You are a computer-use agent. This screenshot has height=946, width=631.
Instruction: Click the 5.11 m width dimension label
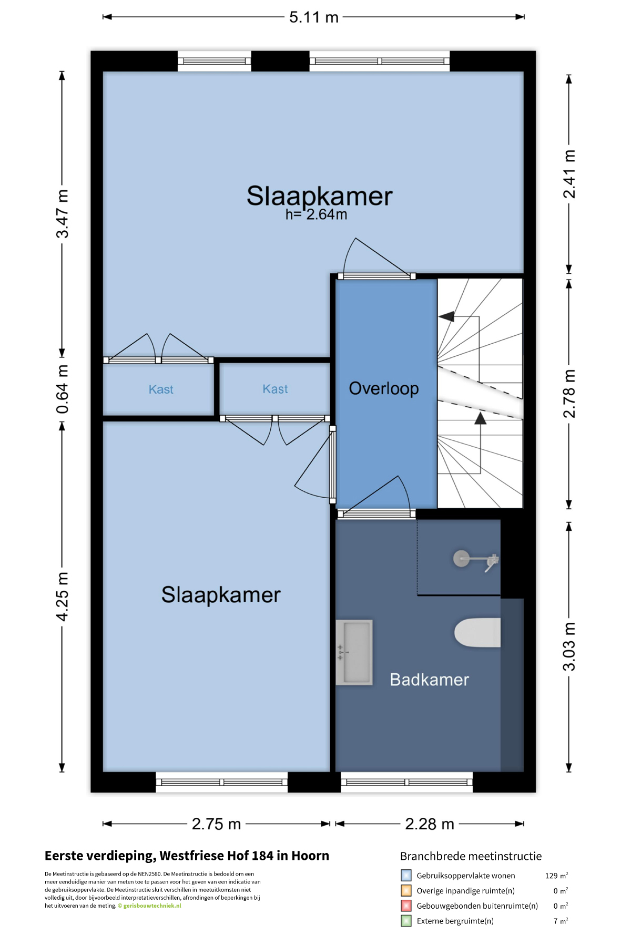pyautogui.click(x=313, y=17)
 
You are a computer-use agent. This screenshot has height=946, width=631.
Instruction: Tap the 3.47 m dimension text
pyautogui.click(x=62, y=214)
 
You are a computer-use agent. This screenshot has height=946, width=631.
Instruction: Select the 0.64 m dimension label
pyautogui.click(x=62, y=389)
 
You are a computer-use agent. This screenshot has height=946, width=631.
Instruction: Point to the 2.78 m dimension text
pyautogui.click(x=569, y=394)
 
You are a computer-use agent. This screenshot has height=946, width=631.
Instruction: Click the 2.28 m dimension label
pyautogui.click(x=430, y=824)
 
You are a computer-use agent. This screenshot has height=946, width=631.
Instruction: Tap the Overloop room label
pyautogui.click(x=384, y=388)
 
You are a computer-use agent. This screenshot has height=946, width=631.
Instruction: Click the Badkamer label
pyautogui.click(x=429, y=680)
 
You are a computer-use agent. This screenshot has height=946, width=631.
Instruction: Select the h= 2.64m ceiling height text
pyautogui.click(x=316, y=214)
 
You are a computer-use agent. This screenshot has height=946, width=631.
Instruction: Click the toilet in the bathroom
pyautogui.click(x=477, y=633)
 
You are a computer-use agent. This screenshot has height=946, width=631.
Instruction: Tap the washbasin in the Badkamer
pyautogui.click(x=354, y=652)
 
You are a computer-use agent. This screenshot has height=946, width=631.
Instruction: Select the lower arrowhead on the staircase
pyautogui.click(x=480, y=418)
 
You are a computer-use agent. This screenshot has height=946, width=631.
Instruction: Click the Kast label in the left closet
pyautogui.click(x=161, y=389)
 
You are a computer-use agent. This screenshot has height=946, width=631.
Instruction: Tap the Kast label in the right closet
pyautogui.click(x=275, y=389)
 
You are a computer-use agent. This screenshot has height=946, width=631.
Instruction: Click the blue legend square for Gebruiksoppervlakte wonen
pyautogui.click(x=406, y=876)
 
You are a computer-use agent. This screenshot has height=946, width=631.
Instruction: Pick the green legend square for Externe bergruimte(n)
pyautogui.click(x=406, y=921)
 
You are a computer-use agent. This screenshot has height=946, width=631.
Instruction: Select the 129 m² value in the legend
pyautogui.click(x=556, y=876)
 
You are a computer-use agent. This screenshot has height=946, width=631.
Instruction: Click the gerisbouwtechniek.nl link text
pyautogui.click(x=152, y=906)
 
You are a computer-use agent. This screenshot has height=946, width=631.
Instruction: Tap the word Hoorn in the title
pyautogui.click(x=310, y=856)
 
